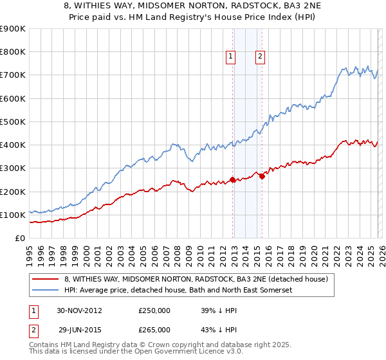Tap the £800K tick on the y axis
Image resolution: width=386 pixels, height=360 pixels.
tap(13, 52)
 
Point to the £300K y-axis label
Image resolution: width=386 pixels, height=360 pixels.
tap(13, 168)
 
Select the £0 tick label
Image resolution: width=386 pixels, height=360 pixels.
tap(20, 238)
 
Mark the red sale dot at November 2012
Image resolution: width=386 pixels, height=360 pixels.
tap(232, 180)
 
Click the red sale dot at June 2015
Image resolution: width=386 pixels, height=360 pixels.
tap(262, 177)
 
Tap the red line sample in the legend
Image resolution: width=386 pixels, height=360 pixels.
tap(46, 280)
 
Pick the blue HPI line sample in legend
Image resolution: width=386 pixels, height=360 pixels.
tap(46, 291)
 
